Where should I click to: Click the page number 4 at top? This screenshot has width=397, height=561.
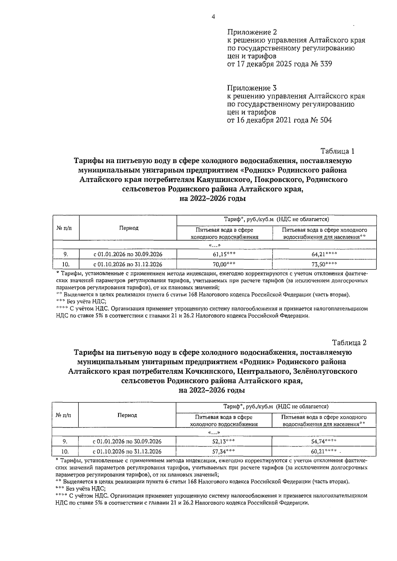coord(213,17)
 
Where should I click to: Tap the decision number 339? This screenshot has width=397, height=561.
coord(326,64)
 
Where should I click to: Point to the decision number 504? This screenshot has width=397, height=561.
coord(326,120)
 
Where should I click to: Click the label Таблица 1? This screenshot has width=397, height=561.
coord(337,151)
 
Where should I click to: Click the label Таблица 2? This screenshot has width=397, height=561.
coord(349,343)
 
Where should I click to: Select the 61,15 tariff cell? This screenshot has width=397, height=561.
coord(224,254)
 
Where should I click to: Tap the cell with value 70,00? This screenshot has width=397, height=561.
coord(224,264)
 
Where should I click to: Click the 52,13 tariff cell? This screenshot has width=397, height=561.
coord(223,441)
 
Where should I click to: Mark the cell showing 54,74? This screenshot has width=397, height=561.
coord(325,441)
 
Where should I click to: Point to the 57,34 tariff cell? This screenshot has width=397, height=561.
coord(223,451)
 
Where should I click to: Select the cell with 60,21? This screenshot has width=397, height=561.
coord(325,451)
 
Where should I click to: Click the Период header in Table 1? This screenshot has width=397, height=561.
coord(128,228)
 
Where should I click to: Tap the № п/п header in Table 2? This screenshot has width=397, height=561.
coord(65,415)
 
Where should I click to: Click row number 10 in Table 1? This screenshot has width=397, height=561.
coord(66,264)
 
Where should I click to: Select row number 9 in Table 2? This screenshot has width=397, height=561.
coord(65,441)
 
